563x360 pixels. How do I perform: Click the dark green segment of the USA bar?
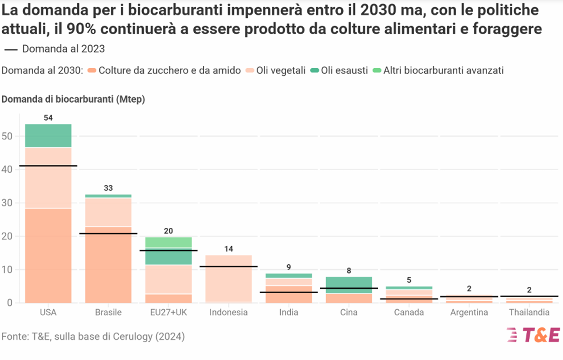click(x=48, y=135)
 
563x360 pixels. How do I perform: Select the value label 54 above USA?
click(x=48, y=118)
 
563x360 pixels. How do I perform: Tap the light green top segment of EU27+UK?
click(x=168, y=242)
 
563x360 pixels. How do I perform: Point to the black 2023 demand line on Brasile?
click(x=108, y=234)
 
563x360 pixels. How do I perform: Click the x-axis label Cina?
click(x=349, y=312)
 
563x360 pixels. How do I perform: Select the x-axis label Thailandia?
click(x=530, y=312)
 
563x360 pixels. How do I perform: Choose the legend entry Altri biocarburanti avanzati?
click(x=443, y=70)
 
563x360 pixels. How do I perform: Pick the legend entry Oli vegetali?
click(x=280, y=70)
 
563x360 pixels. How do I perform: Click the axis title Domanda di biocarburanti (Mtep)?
click(x=73, y=100)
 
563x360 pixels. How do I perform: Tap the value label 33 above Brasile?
click(x=108, y=188)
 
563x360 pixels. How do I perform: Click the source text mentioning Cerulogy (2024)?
click(x=93, y=336)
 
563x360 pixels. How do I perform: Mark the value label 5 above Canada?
click(x=409, y=280)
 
